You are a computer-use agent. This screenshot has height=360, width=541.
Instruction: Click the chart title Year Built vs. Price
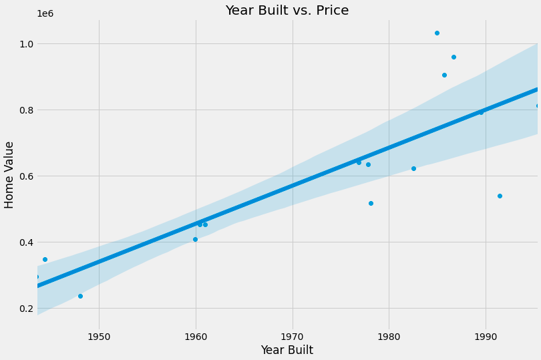[287, 11]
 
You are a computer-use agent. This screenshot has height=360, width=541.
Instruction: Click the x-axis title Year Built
[287, 350]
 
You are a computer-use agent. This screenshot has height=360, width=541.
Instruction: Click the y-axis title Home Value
[9, 174]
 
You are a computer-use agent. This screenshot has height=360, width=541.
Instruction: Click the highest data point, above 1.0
[437, 33]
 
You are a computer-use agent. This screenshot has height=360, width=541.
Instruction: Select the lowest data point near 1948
[80, 296]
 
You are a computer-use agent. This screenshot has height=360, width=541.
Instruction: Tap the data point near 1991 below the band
[500, 196]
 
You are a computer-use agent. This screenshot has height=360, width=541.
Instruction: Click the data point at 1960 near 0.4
[195, 239]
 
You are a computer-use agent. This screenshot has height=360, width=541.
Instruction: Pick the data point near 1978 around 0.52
[371, 203]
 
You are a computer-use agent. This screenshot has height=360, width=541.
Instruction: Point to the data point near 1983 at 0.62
[413, 168]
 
